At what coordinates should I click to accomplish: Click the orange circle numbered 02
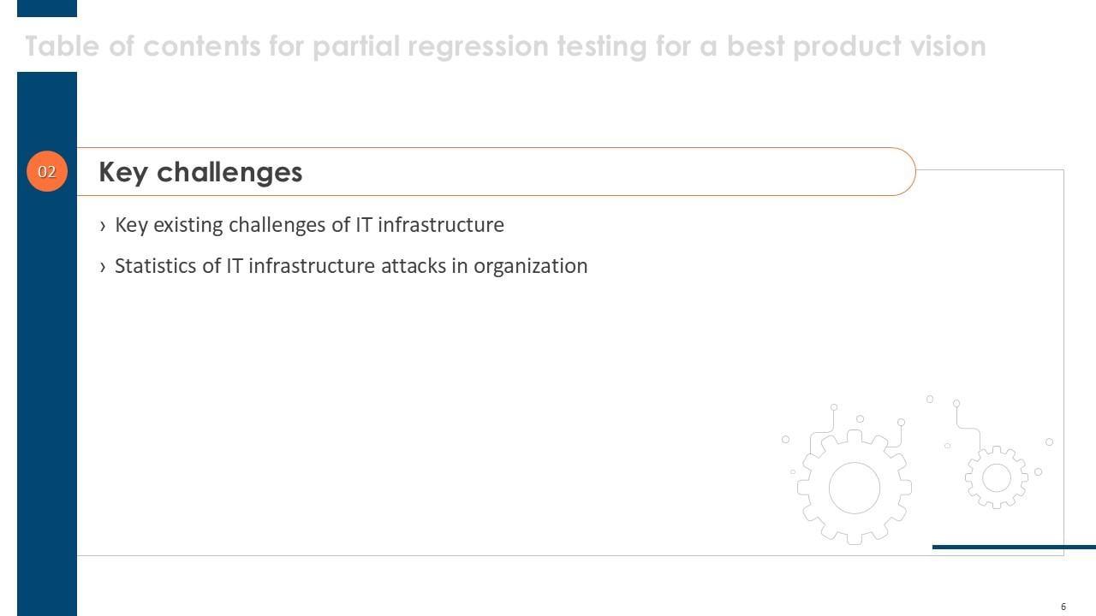pyautogui.click(x=47, y=171)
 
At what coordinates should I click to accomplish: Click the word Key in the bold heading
pyautogui.click(x=122, y=173)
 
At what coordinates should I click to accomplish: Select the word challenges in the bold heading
pyautogui.click(x=229, y=173)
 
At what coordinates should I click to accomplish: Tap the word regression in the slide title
pyautogui.click(x=478, y=47)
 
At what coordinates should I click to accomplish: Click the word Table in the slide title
pyautogui.click(x=63, y=46)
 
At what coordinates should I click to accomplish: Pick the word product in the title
pyautogui.click(x=847, y=47)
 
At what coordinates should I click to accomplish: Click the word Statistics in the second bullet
pyautogui.click(x=155, y=266)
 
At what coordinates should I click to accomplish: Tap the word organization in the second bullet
pyautogui.click(x=530, y=266)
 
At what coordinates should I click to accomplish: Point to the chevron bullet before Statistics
pyautogui.click(x=102, y=267)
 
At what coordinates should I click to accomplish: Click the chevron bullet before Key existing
pyautogui.click(x=102, y=226)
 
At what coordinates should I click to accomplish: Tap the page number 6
pyautogui.click(x=1063, y=607)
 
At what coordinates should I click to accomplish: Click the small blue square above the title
pyautogui.click(x=47, y=9)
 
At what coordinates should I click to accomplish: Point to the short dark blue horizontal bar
pyautogui.click(x=1014, y=547)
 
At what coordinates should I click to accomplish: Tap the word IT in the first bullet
pyautogui.click(x=364, y=225)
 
